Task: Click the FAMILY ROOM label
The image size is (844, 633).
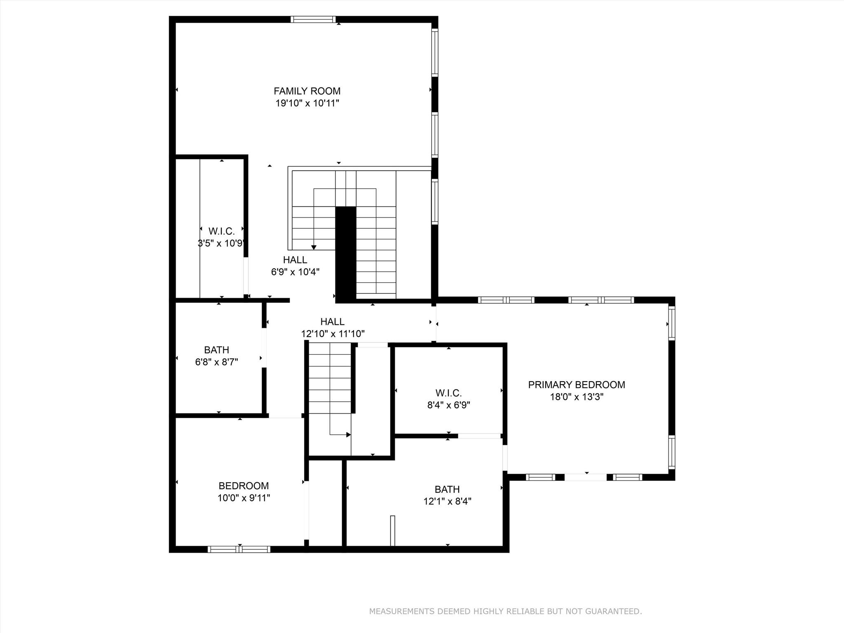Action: [x=307, y=91]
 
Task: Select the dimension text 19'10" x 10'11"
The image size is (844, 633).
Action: [x=307, y=103]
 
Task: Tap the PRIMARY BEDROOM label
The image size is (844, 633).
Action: [x=577, y=385]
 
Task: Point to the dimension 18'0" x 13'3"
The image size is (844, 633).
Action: [x=577, y=397]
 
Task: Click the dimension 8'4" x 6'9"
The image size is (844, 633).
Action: [x=448, y=405]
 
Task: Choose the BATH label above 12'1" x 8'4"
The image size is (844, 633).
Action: [x=447, y=489]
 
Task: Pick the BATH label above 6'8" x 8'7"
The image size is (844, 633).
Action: [x=216, y=350]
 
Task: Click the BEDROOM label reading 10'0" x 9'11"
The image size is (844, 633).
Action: [x=244, y=486]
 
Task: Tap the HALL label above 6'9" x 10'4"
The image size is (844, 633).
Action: [x=295, y=260]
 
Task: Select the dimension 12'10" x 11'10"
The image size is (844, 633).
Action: [x=333, y=334]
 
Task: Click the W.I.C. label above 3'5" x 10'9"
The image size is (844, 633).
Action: [x=221, y=231]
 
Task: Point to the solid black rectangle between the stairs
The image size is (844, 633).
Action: [x=345, y=253]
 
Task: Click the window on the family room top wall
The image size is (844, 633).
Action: [x=313, y=19]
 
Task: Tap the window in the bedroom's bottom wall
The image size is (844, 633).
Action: [x=239, y=549]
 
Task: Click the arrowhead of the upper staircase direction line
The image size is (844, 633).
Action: [x=314, y=247]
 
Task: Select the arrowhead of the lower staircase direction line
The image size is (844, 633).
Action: [x=349, y=435]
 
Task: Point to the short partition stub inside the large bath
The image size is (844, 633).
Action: [x=392, y=531]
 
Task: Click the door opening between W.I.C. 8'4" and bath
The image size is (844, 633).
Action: [x=479, y=436]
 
